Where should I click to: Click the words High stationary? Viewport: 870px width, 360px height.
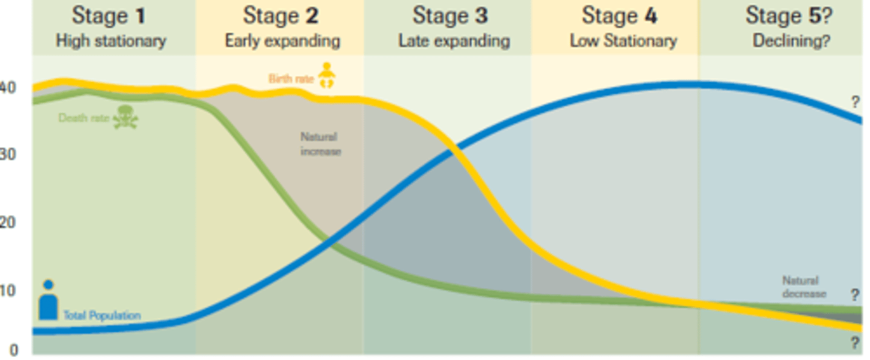[111, 41]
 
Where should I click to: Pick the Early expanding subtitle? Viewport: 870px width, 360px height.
[282, 41]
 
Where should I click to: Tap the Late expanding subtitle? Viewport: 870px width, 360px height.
[454, 41]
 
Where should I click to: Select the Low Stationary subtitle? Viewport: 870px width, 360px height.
[623, 41]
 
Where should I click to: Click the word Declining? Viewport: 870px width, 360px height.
[791, 41]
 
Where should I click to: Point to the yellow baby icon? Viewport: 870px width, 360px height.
[326, 76]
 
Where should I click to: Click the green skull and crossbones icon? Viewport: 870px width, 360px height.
[125, 117]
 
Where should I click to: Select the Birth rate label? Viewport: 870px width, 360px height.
[291, 79]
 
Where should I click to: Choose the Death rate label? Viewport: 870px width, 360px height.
[83, 118]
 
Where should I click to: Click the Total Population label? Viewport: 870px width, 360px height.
[102, 315]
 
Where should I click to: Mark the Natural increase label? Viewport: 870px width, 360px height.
[320, 144]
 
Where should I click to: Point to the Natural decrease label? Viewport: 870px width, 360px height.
[804, 287]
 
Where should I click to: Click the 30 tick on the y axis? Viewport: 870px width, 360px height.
[8, 154]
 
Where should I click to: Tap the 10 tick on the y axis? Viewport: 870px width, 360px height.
[8, 291]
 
